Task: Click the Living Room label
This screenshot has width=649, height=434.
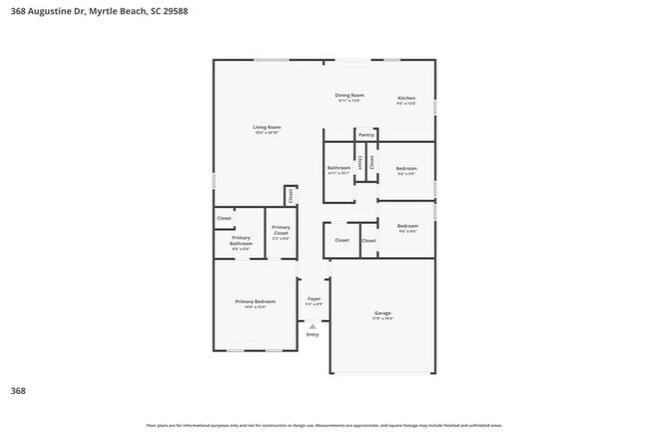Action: [267, 128]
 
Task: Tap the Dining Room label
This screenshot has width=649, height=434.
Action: [348, 96]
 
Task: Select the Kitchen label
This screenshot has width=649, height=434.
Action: [406, 98]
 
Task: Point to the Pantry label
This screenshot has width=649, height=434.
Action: [366, 134]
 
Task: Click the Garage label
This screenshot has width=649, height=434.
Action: [382, 313]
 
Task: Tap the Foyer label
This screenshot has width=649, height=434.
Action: [314, 299]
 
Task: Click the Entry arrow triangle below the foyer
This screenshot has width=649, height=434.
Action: [313, 326]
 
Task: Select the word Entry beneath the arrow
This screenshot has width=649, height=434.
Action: [313, 335]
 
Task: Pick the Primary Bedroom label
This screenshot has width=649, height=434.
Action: [255, 302]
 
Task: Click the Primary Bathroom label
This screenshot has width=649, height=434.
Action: [241, 241]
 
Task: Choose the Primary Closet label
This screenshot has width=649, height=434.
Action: [281, 230]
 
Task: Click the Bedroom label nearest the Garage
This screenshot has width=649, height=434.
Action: [406, 226]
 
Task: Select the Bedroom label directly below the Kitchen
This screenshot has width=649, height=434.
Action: [405, 168]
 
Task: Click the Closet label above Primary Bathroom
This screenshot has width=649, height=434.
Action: [225, 218]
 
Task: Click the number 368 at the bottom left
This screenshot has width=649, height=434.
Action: [17, 390]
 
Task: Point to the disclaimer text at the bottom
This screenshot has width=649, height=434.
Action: [324, 425]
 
